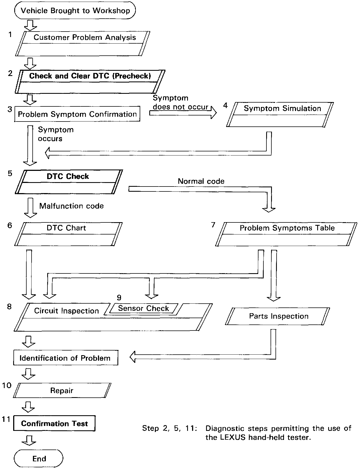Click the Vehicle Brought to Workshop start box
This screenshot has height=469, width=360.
click(x=75, y=10)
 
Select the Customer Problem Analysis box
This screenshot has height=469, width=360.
click(x=83, y=44)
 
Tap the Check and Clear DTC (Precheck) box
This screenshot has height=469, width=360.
click(x=90, y=81)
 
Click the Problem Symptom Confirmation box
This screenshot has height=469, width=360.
click(x=77, y=114)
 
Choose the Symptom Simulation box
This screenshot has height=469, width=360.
click(x=280, y=114)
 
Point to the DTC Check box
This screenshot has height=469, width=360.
click(x=69, y=182)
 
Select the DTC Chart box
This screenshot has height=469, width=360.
click(x=68, y=234)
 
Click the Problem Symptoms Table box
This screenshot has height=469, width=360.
click(x=286, y=234)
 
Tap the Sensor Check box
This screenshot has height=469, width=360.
click(x=143, y=309)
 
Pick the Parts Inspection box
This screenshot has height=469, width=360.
click(x=277, y=316)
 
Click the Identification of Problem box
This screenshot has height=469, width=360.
click(x=66, y=358)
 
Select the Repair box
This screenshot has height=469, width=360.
click(x=62, y=390)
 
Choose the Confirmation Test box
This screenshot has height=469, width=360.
click(x=54, y=423)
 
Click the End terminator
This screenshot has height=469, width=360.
click(x=38, y=458)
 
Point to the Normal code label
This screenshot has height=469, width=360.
click(x=201, y=181)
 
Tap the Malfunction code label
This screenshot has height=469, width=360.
click(x=72, y=206)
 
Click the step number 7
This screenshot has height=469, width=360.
click(x=213, y=225)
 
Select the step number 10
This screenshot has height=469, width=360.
click(x=7, y=385)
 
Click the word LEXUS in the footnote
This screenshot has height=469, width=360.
click(x=233, y=437)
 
